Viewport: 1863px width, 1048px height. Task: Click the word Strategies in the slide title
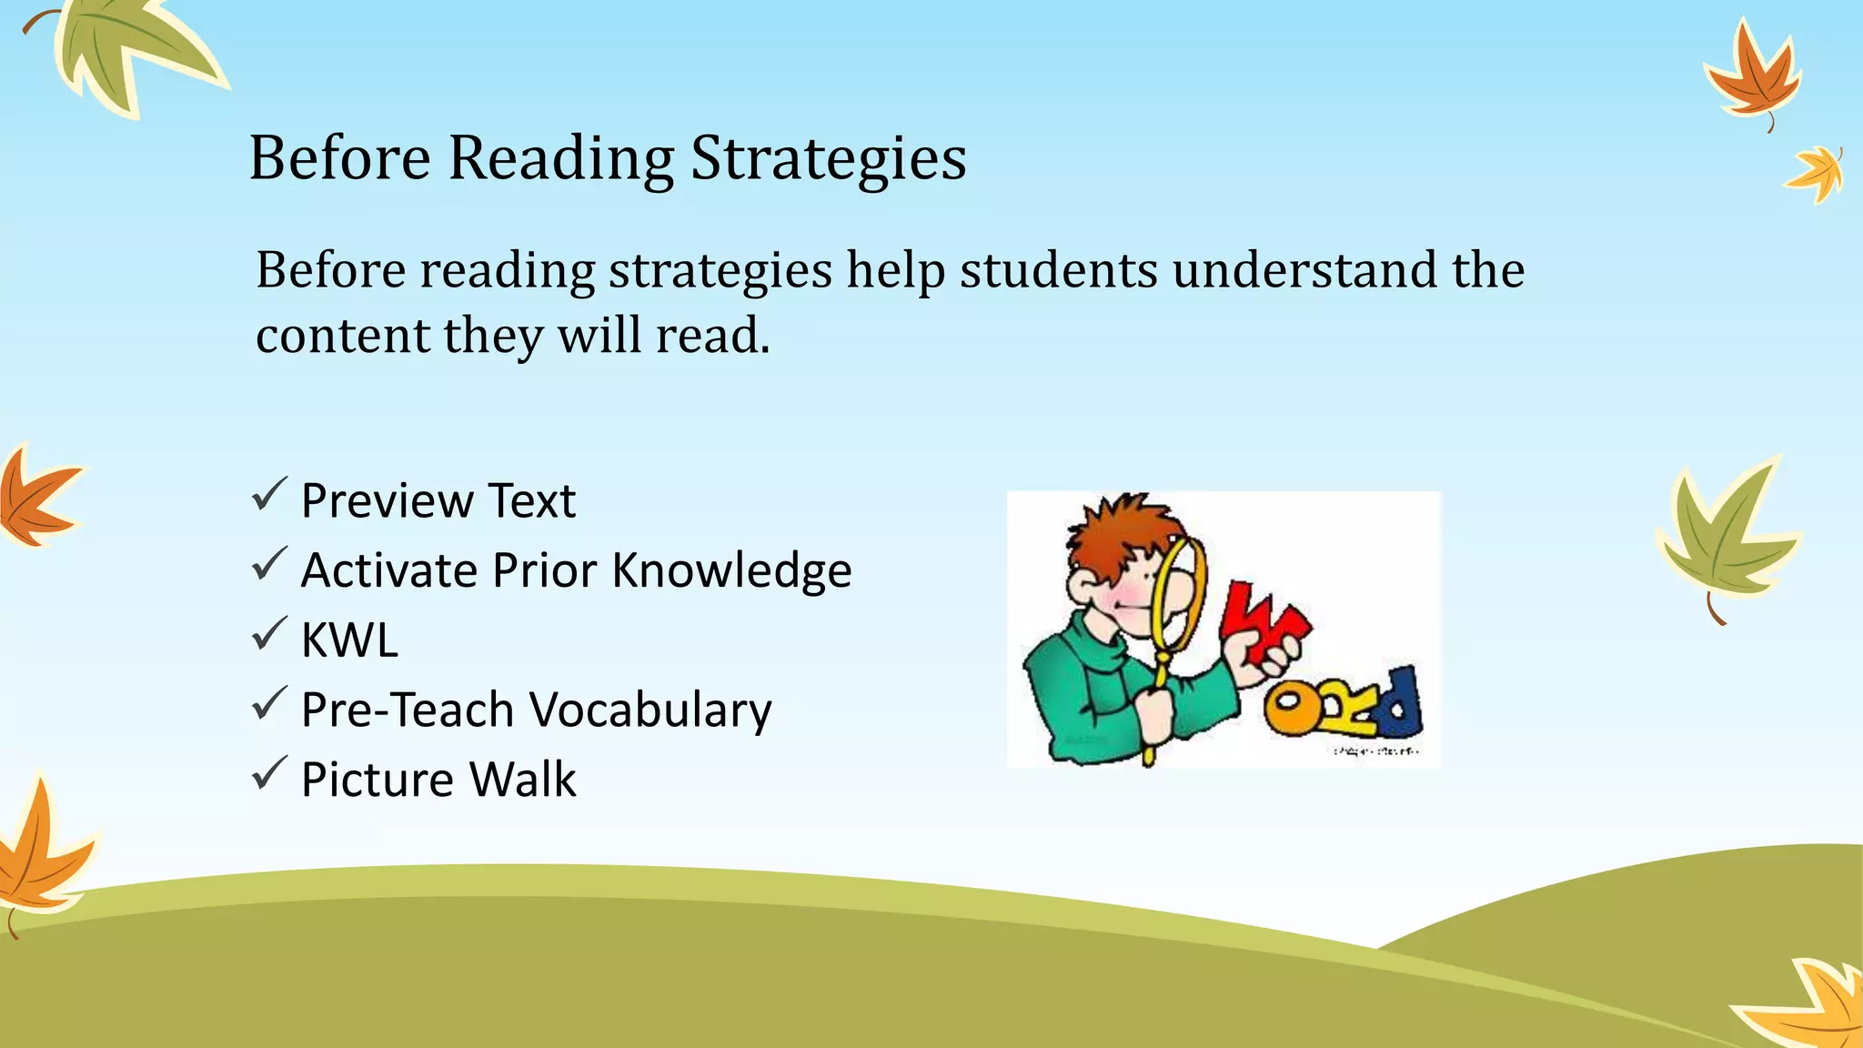tap(828, 159)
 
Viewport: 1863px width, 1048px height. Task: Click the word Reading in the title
tap(560, 159)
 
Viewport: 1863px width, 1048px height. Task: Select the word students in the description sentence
tap(1059, 270)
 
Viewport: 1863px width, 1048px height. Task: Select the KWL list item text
tap(349, 640)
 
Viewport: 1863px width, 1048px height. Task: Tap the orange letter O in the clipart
tap(1291, 711)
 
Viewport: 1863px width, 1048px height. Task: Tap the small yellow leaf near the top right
tap(1816, 173)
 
